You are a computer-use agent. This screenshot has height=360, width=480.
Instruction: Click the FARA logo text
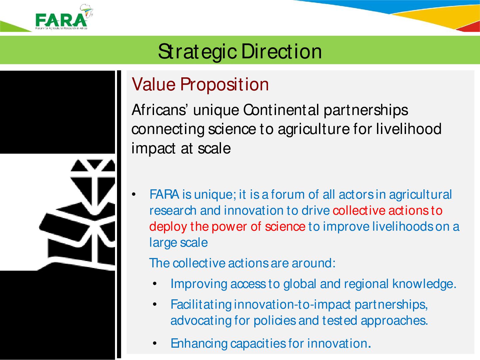(61, 20)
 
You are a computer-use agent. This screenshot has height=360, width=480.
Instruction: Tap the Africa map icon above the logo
(87, 10)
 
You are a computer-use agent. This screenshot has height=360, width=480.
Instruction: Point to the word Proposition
(224, 85)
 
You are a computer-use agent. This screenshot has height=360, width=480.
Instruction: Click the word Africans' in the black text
(159, 110)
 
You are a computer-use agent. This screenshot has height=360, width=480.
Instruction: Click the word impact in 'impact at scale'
(153, 149)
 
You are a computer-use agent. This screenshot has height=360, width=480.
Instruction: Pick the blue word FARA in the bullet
(164, 195)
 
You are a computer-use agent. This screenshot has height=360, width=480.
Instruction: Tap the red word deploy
(168, 227)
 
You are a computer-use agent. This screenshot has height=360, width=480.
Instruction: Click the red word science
(285, 227)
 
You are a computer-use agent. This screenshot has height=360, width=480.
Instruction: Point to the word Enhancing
(199, 344)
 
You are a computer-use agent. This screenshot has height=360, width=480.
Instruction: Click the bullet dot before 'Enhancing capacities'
(155, 344)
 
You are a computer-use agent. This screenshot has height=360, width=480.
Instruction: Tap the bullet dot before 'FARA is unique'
(134, 195)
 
